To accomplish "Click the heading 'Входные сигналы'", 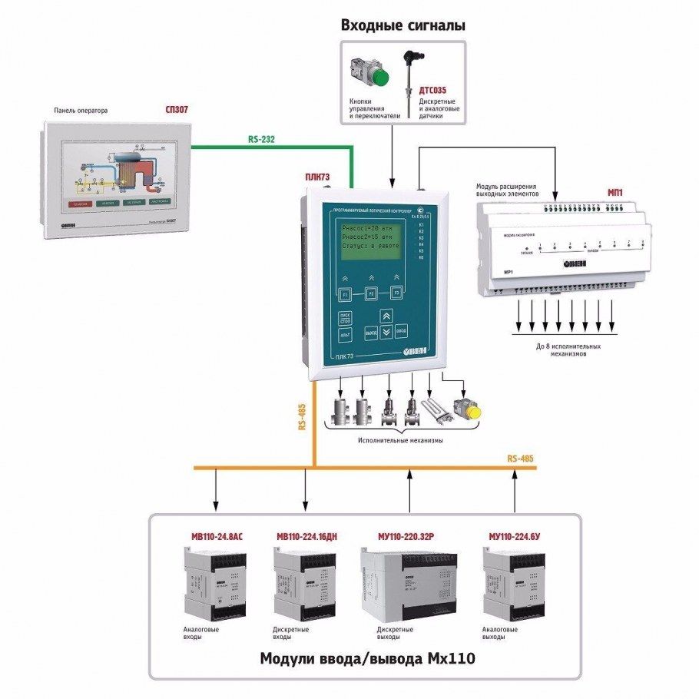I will (x=403, y=25).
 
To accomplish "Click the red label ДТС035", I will (x=432, y=90).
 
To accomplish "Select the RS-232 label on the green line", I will (x=261, y=139).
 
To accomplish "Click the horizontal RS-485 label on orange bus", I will (x=521, y=459).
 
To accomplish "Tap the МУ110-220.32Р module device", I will (x=395, y=584).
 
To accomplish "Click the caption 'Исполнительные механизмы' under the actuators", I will (x=399, y=441).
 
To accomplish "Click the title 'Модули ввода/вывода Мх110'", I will (x=365, y=659).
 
